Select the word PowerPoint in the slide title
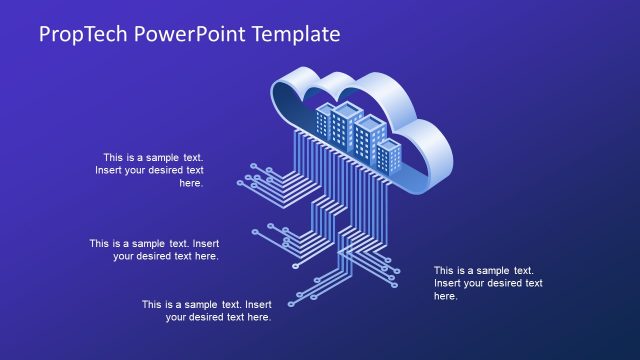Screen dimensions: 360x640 pyautogui.click(x=190, y=34)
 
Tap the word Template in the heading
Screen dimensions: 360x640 pyautogui.click(x=297, y=34)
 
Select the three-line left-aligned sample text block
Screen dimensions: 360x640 pyautogui.click(x=487, y=283)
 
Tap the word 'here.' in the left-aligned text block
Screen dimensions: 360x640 pyautogui.click(x=446, y=296)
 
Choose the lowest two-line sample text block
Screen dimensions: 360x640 pyautogui.click(x=206, y=310)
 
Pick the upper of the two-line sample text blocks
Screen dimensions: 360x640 pyautogui.click(x=154, y=249)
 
